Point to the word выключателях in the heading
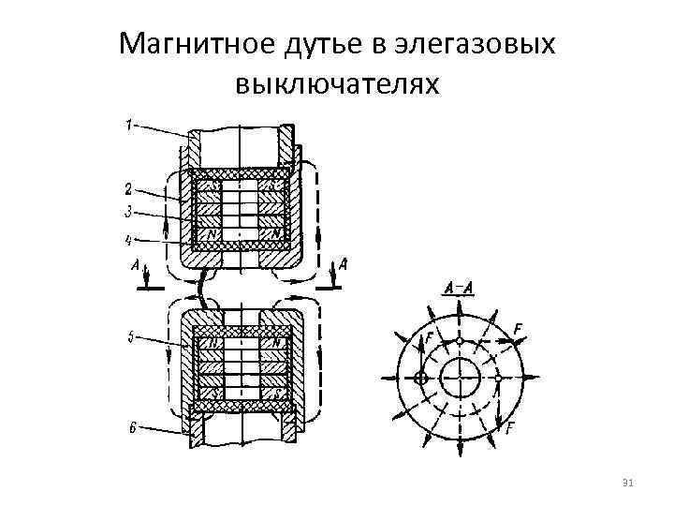coord(337,85)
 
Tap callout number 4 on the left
coord(129,240)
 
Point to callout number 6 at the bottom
coord(132,427)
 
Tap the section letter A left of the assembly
coord(137,267)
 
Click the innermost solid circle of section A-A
coord(460,379)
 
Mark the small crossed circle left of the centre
coord(420,379)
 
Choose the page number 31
coord(628,483)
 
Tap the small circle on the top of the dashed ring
coord(460,339)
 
